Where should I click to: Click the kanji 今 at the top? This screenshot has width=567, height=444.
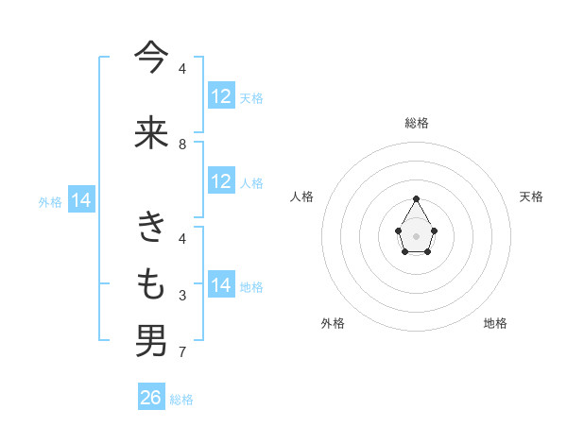pos(151,59)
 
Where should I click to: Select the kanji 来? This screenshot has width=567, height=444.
pos(151,133)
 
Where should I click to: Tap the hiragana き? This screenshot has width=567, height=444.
pos(151,227)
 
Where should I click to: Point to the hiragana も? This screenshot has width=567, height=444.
pos(151,283)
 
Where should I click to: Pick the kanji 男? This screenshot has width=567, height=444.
pos(151,340)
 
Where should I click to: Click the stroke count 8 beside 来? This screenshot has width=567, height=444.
pos(182,145)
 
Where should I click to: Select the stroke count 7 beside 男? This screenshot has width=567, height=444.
pos(182,353)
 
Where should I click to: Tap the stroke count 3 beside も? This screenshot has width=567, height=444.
pos(182,296)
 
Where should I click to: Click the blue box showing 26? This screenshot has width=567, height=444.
pos(151,398)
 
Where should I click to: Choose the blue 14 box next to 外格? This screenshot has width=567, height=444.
pos(81,200)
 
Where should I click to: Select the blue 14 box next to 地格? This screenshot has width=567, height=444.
pos(221,285)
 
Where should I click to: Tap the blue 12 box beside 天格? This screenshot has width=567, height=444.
pos(221,96)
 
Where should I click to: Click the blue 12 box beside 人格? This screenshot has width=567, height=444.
pos(221,181)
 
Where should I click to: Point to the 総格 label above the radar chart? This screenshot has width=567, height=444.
pos(417,123)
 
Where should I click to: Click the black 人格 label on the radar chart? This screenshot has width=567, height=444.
pos(302,196)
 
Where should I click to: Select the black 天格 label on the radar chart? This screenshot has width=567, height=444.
pos(531,196)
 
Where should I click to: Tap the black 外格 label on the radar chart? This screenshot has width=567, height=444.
pos(333,323)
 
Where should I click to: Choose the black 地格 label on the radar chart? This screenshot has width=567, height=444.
pos(495,323)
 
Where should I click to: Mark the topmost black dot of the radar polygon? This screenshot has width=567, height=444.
pos(417,198)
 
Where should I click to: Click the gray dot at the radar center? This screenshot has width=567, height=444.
pos(417,234)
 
